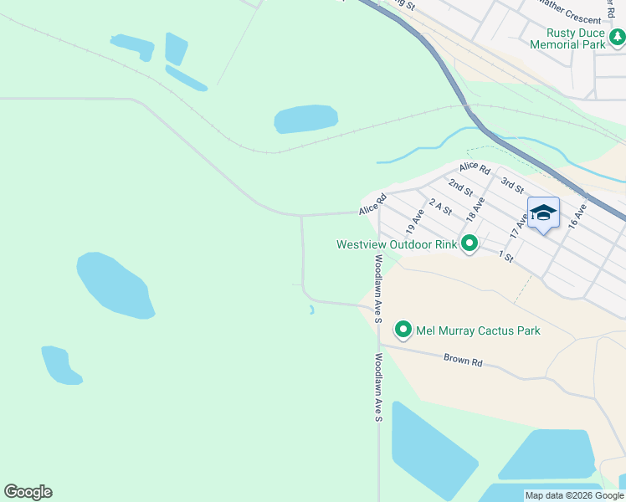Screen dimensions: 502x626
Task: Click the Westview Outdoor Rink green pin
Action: click(469, 244)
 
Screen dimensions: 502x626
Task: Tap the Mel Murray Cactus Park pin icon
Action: click(403, 330)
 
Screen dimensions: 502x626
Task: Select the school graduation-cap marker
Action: click(543, 213)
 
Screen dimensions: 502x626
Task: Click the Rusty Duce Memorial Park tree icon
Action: click(618, 37)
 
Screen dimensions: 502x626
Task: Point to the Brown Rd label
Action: click(464, 361)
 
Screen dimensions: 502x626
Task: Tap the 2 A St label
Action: click(440, 206)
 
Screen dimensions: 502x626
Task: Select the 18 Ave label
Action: click(475, 209)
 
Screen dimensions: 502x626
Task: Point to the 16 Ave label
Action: click(577, 217)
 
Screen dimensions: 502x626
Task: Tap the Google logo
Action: click(28, 492)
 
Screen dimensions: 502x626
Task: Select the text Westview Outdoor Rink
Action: click(397, 245)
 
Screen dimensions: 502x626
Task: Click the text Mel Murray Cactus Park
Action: click(479, 330)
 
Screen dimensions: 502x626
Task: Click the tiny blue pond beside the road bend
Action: click(311, 310)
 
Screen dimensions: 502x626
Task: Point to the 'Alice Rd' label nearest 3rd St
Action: click(474, 168)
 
